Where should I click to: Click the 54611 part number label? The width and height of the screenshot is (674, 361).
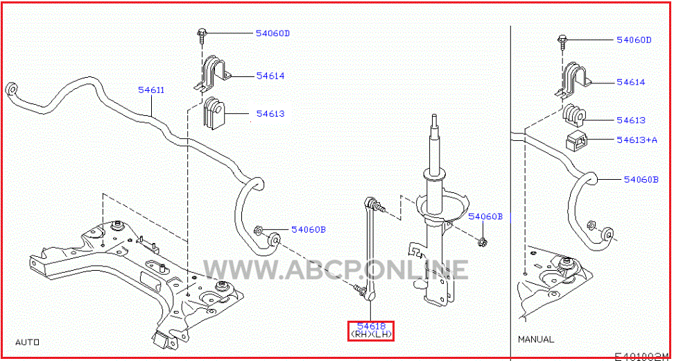pyautogui.click(x=150, y=90)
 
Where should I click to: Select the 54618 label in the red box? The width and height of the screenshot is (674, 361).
pyautogui.click(x=371, y=326)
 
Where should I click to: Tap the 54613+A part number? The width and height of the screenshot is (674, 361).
pyautogui.click(x=637, y=140)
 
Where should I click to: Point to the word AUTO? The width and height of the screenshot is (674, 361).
pyautogui.click(x=27, y=342)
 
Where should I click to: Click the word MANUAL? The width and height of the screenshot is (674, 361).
pyautogui.click(x=536, y=339)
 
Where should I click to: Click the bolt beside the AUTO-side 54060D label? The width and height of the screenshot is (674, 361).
pyautogui.click(x=202, y=34)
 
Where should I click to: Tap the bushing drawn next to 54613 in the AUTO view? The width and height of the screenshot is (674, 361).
pyautogui.click(x=214, y=113)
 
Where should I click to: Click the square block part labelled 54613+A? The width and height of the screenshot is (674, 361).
pyautogui.click(x=577, y=140)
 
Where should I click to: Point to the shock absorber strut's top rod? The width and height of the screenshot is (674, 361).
pyautogui.click(x=436, y=146)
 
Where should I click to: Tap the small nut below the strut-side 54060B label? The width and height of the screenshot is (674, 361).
pyautogui.click(x=482, y=242)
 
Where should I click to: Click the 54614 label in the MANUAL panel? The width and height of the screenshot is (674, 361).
pyautogui.click(x=630, y=82)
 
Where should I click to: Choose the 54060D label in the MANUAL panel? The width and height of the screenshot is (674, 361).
pyautogui.click(x=634, y=40)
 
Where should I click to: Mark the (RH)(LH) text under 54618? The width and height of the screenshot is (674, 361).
pyautogui.click(x=372, y=335)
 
